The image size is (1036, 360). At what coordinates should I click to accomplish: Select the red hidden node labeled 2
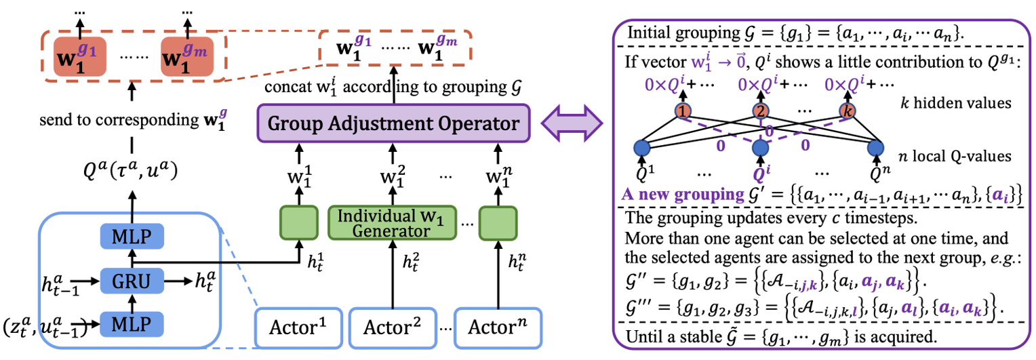(x=760, y=109)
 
